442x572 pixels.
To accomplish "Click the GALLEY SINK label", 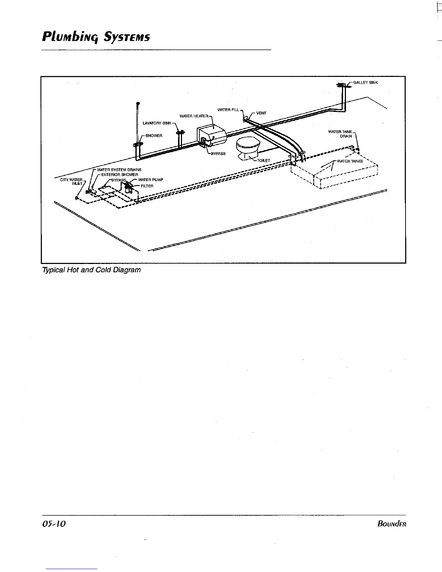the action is (365, 82).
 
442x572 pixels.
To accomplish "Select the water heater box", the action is (212, 134).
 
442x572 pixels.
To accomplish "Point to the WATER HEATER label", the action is (194, 116).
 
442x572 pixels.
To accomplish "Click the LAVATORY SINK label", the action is (157, 123).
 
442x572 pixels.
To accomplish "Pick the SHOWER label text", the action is (154, 136).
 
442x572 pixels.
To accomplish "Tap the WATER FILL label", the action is (228, 110).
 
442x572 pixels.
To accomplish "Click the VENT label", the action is (261, 113).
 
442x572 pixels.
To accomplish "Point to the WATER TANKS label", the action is (350, 161).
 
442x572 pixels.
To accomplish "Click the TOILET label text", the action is (264, 160).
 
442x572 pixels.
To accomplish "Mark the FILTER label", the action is (147, 186).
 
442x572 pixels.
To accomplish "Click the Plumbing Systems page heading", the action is (95, 37).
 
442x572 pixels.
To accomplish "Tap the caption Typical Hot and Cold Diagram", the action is (91, 270).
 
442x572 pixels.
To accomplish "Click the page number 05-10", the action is (54, 524).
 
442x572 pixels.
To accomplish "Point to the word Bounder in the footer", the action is (391, 524).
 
